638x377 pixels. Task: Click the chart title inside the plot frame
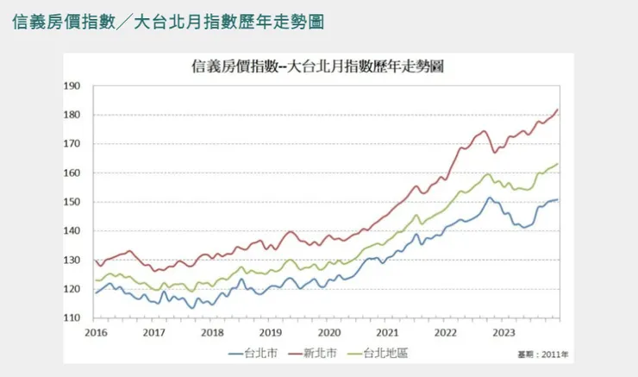[317, 66]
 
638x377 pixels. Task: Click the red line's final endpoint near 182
[559, 109]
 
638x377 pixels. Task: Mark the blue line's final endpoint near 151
[559, 199]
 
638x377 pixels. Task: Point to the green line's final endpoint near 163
[559, 164]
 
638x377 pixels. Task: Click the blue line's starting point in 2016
[95, 293]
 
